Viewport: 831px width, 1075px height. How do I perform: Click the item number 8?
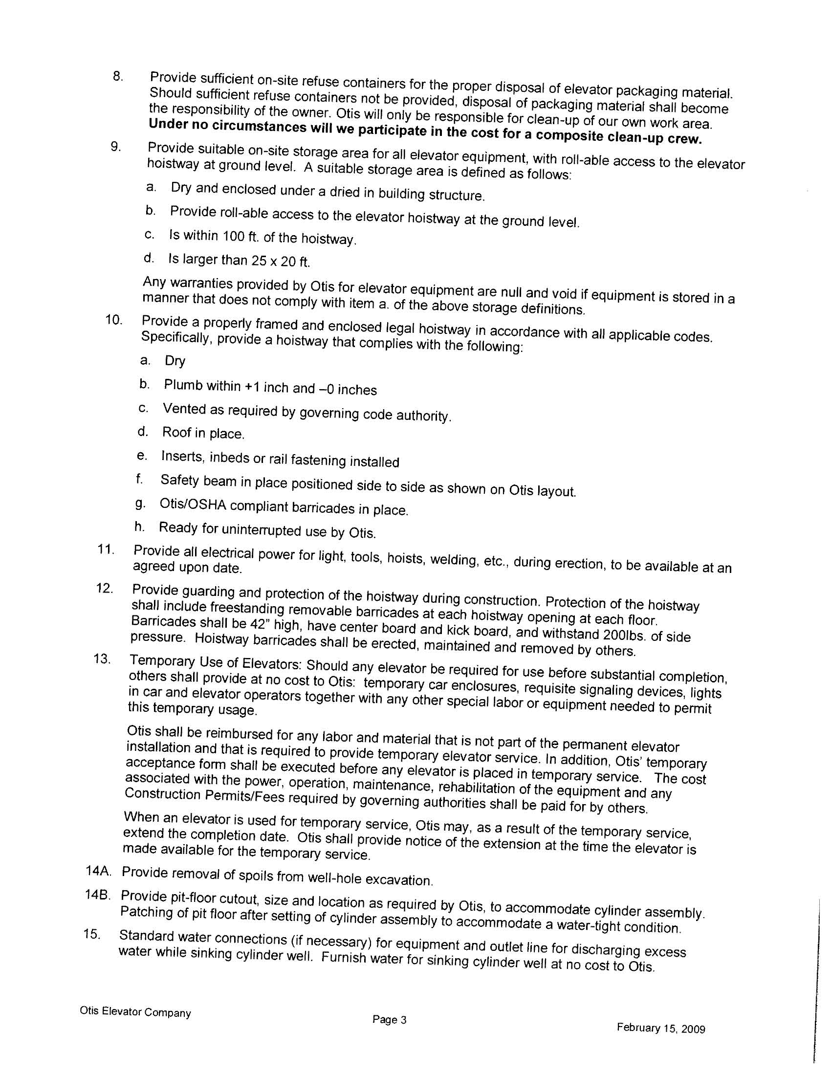coord(117,76)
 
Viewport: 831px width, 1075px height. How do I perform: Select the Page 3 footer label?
coord(390,1019)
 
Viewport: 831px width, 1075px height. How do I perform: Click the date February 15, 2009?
coord(661,1028)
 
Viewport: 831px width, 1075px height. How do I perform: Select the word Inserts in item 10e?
coord(182,456)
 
